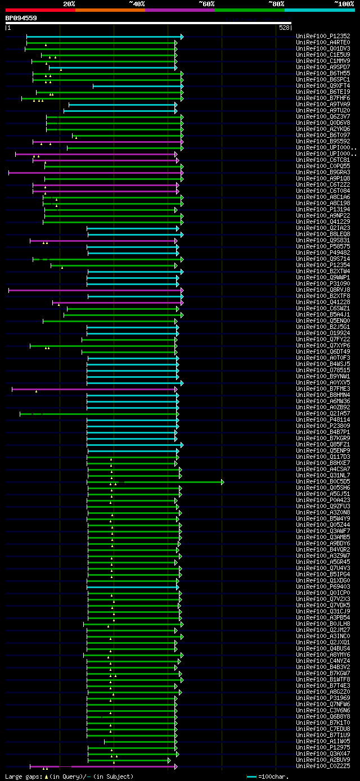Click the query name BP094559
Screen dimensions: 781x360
[21, 18]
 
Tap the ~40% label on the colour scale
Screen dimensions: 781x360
[137, 3]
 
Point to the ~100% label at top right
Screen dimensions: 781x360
[344, 3]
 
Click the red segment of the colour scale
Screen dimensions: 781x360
[40, 10]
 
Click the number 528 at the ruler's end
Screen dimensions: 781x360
[284, 27]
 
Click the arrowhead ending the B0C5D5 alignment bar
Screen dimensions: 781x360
[223, 482]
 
